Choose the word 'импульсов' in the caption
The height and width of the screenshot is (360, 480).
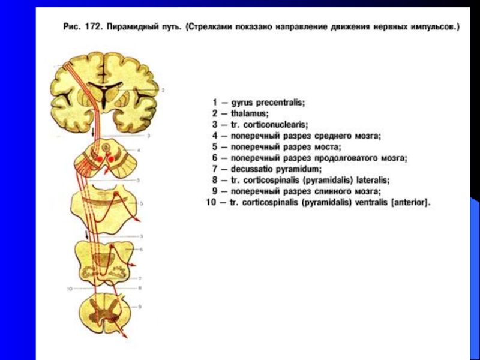430,28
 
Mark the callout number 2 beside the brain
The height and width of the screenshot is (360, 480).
163,90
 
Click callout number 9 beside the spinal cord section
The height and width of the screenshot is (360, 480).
139,307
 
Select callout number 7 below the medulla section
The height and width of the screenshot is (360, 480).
139,279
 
